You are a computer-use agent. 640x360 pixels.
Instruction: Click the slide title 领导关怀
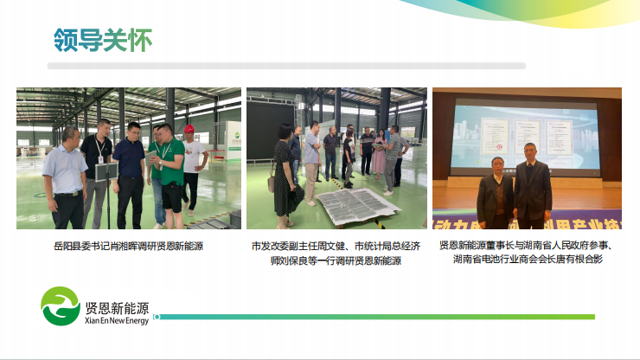click(103, 40)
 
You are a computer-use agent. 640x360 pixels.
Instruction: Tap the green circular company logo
click(61, 306)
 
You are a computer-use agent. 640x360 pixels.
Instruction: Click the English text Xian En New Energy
click(117, 321)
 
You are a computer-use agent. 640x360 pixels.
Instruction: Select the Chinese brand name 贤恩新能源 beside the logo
click(117, 308)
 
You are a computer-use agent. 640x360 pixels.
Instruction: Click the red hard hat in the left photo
click(189, 129)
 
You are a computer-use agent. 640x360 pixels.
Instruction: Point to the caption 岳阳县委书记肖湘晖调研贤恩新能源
click(128, 246)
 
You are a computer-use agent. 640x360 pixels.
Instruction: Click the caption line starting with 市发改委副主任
click(336, 246)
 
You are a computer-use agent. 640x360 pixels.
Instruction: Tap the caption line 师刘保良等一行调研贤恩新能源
click(336, 260)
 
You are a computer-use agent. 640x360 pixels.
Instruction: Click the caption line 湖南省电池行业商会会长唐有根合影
click(528, 259)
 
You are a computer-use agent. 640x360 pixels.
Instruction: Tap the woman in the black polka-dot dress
click(284, 177)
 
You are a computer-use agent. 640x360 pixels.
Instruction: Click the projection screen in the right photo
click(524, 136)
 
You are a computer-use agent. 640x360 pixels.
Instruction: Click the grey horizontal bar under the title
click(286, 66)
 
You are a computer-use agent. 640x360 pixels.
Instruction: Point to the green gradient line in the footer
click(376, 317)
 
